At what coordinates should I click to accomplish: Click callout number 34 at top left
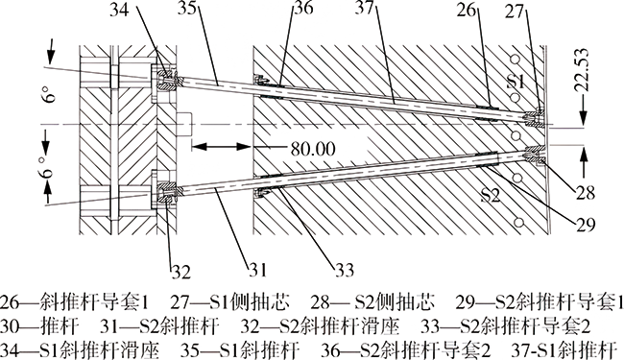120,9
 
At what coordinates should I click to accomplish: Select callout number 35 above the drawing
188,8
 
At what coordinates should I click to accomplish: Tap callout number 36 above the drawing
302,8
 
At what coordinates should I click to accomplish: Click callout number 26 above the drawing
467,10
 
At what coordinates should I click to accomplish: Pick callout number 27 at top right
516,12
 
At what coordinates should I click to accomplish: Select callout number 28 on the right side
585,193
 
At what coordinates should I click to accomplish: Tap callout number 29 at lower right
585,225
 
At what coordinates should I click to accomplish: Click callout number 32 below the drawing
181,272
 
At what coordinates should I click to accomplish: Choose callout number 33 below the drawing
344,270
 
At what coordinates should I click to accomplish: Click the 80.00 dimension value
313,149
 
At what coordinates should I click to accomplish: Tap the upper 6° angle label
49,95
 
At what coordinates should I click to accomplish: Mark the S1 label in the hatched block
516,82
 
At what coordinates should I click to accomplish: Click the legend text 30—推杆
39,327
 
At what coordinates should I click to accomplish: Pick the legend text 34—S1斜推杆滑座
80,350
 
